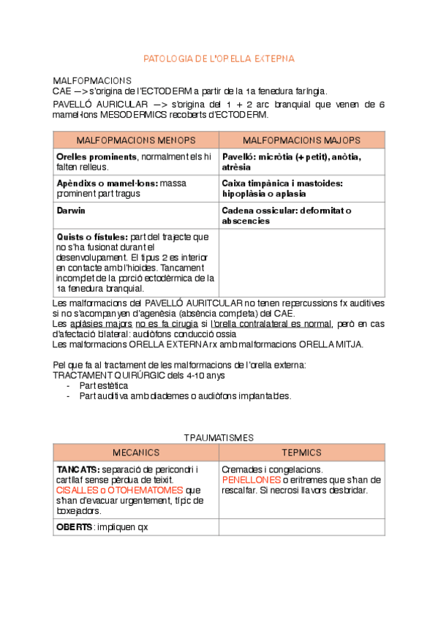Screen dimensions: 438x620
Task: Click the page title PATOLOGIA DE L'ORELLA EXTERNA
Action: [x=219, y=58]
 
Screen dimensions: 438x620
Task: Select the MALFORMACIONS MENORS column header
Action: [x=136, y=140]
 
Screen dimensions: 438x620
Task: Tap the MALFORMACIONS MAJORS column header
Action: [x=301, y=140]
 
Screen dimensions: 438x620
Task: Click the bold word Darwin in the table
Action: [x=70, y=211]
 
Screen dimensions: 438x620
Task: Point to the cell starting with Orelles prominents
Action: [x=136, y=162]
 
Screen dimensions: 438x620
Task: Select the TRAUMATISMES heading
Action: [x=218, y=437]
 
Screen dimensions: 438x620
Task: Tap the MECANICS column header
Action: [x=135, y=453]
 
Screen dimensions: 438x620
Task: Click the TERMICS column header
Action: [x=301, y=453]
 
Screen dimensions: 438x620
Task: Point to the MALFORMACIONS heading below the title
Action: [x=92, y=80]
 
